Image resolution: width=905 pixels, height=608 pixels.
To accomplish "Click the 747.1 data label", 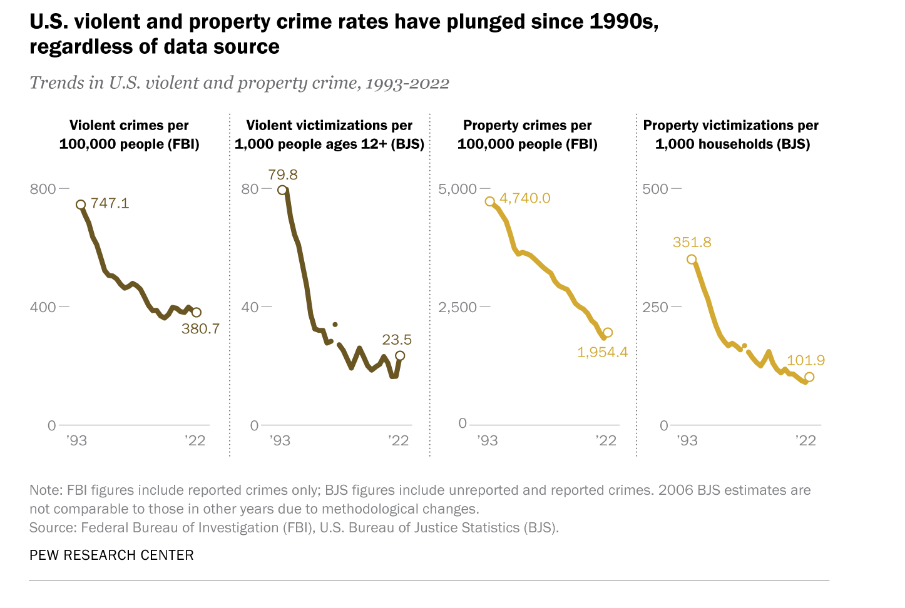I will (110, 203).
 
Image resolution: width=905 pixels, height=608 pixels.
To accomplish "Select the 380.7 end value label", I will (200, 328).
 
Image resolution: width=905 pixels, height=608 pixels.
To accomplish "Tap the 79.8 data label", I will (283, 175).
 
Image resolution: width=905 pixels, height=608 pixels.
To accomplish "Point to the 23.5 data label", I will (397, 340).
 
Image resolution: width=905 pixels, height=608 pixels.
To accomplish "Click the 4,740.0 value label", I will (525, 198).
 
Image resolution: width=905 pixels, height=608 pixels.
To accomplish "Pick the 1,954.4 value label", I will (602, 352).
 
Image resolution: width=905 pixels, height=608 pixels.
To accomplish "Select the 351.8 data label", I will (692, 242).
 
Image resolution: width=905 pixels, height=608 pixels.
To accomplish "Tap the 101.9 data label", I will (805, 360).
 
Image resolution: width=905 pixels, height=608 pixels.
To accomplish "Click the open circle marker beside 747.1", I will (81, 205).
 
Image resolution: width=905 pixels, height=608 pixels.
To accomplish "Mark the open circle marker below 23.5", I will (400, 355).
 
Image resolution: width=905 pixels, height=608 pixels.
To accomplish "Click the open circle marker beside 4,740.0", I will (490, 201).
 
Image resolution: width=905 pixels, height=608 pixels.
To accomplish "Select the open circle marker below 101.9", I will (809, 377).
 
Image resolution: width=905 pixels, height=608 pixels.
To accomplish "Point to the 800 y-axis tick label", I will (43, 189).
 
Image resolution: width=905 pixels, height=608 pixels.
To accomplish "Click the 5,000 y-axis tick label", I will (457, 189).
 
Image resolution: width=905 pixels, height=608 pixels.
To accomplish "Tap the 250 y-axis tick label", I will (655, 307).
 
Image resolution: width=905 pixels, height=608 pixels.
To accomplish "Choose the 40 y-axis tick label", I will (250, 307).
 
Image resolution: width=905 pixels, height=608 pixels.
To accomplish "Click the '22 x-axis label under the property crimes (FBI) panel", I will (605, 440).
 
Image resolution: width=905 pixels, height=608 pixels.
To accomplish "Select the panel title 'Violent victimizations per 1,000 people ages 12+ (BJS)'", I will (329, 134).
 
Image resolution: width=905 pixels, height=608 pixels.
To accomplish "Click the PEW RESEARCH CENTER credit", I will (111, 555).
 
